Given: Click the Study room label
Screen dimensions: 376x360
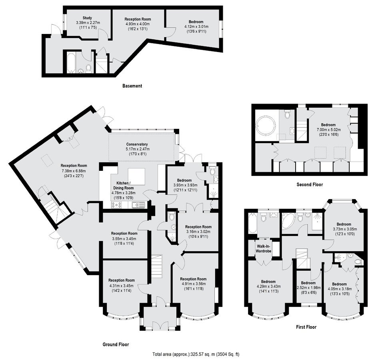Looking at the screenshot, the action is (87, 18).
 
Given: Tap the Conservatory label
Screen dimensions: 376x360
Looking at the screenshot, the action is (137, 144).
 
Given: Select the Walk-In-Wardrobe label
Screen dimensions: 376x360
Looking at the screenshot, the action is (264, 249).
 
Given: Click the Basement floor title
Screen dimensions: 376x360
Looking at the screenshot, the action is (132, 86).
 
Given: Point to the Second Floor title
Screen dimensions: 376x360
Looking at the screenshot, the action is (310, 184).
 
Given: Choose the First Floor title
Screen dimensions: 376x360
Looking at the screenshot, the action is (306, 327).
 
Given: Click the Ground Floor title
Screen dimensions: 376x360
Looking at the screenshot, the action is (116, 344).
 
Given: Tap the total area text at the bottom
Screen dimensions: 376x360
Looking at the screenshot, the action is (196, 354).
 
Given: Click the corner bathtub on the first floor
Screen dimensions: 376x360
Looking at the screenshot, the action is (288, 221).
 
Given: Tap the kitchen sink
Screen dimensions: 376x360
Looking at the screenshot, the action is (138, 205).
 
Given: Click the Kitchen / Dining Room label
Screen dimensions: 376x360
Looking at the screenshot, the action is (123, 186).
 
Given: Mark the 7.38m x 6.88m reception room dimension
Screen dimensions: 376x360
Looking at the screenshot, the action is (74, 171).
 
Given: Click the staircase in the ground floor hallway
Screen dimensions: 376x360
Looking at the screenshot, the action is (157, 267).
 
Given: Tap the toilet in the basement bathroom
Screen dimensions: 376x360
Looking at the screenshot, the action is (88, 68).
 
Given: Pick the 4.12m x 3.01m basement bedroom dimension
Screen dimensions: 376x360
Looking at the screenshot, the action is (196, 27).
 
